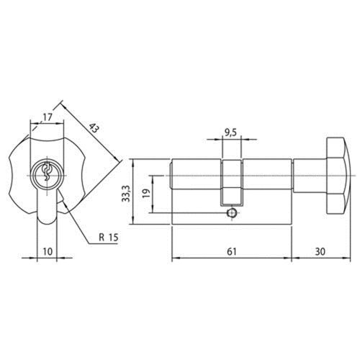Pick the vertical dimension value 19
pyautogui.click(x=146, y=192)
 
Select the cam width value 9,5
pyautogui.click(x=230, y=132)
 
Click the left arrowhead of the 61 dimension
pyautogui.click(x=174, y=259)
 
